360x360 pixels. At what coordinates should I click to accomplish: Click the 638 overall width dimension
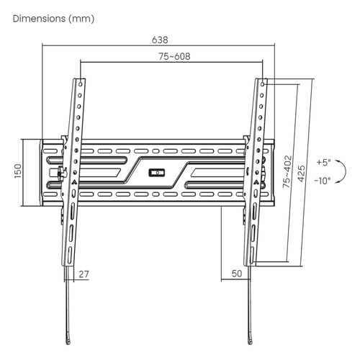point(160,40)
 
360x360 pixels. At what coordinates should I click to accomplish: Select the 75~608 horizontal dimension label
point(174,56)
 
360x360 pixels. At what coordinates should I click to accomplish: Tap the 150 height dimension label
point(18,171)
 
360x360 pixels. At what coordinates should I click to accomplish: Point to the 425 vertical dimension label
point(301,174)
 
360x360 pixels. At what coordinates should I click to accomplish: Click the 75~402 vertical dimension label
point(287,172)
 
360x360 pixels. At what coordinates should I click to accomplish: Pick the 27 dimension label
point(84,274)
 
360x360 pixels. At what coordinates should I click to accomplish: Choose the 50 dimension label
point(237,274)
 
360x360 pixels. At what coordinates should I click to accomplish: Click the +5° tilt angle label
point(323,163)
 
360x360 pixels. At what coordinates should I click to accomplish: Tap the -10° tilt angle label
point(323,180)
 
